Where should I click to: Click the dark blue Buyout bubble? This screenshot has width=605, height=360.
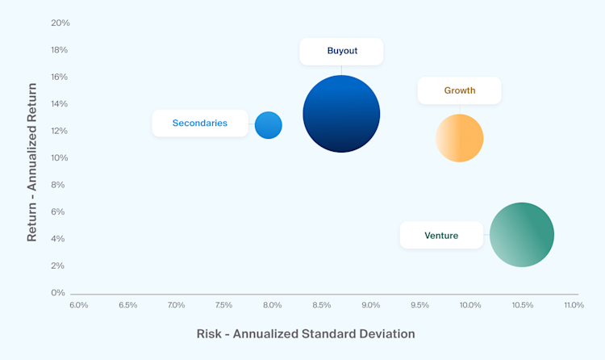pyautogui.click(x=341, y=114)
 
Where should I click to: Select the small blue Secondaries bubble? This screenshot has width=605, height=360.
pyautogui.click(x=269, y=125)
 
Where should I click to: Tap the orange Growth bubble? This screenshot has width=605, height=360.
pyautogui.click(x=460, y=138)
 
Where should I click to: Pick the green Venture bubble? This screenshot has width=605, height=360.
pyautogui.click(x=522, y=235)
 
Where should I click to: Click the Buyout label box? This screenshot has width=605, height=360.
pyautogui.click(x=342, y=51)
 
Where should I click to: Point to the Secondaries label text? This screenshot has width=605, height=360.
pyautogui.click(x=199, y=123)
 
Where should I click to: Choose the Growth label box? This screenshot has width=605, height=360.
pyautogui.click(x=460, y=90)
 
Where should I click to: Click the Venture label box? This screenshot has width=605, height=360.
pyautogui.click(x=441, y=236)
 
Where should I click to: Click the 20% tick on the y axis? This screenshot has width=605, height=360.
pyautogui.click(x=60, y=23)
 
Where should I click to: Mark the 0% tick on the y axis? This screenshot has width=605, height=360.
pyautogui.click(x=58, y=292)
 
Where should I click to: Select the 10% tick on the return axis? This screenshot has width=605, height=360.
pyautogui.click(x=60, y=157)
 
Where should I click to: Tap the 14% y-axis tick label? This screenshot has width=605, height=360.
pyautogui.click(x=60, y=104)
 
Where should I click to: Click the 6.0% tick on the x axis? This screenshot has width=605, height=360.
pyautogui.click(x=79, y=305)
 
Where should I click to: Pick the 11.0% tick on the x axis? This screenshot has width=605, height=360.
pyautogui.click(x=574, y=305)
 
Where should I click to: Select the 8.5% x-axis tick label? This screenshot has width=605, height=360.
pyautogui.click(x=322, y=305)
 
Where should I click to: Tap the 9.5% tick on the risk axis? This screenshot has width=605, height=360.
pyautogui.click(x=420, y=305)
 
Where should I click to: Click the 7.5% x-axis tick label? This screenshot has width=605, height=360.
pyautogui.click(x=224, y=305)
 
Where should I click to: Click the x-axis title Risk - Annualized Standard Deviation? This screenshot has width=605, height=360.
pyautogui.click(x=306, y=333)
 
